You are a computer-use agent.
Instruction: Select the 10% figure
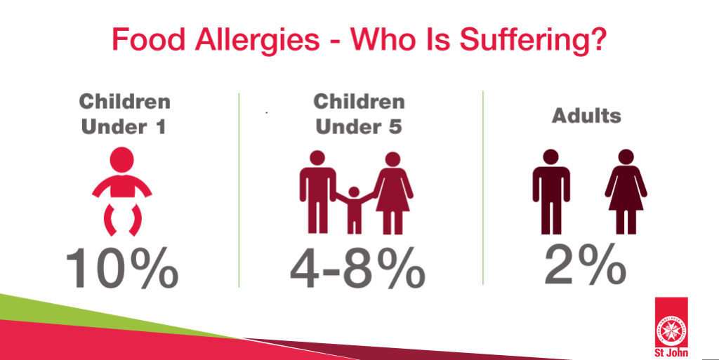(x=122, y=268)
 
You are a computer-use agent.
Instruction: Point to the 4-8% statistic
(x=357, y=268)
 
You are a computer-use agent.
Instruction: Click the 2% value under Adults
(x=585, y=265)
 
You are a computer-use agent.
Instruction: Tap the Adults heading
(x=586, y=115)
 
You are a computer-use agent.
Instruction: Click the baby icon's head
(x=122, y=160)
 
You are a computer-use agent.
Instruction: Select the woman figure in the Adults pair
(x=626, y=192)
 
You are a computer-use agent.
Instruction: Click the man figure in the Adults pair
(x=550, y=192)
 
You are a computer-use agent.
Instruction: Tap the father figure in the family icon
(x=317, y=192)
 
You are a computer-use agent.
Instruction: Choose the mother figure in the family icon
(x=393, y=193)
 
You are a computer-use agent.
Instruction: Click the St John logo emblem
(x=671, y=321)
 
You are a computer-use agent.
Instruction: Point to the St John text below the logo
(x=671, y=353)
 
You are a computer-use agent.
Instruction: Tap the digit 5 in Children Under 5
(x=395, y=126)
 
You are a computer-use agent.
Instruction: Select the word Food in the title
(x=148, y=39)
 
